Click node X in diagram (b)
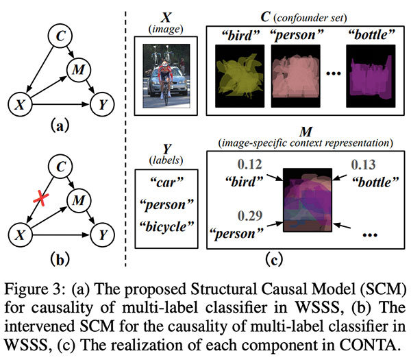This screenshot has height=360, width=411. point(21,234)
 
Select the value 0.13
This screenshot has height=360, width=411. point(364,165)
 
